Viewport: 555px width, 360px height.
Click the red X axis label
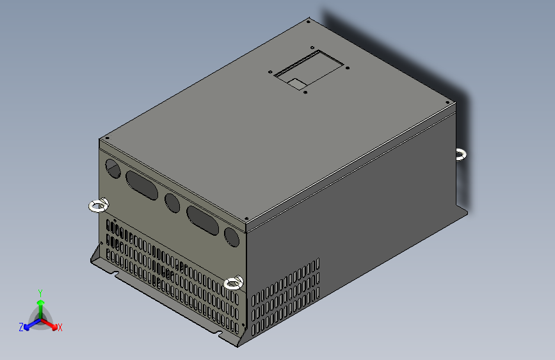[x=60, y=328]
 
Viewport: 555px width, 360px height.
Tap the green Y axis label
[x=40, y=291]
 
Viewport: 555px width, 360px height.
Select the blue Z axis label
[x=21, y=327]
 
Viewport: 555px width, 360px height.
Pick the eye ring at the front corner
[x=234, y=282]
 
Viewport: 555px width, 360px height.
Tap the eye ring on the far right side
[x=461, y=154]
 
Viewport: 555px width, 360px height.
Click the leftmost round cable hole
[x=113, y=169]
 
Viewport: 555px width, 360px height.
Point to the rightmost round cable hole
[x=232, y=238]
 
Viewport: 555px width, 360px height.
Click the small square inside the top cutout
[x=296, y=83]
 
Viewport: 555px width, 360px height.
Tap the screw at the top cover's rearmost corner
[x=309, y=22]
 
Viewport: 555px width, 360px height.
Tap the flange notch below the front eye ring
[x=220, y=334]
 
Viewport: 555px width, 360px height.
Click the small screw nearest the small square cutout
[x=305, y=92]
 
